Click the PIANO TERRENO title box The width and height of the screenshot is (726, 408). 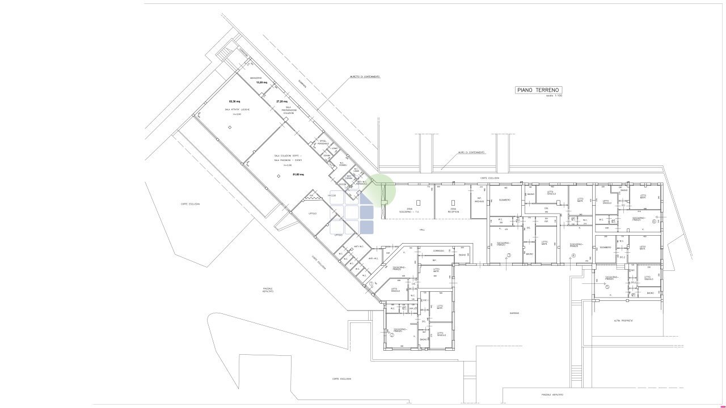point(538,90)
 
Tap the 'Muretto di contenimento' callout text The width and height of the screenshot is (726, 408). point(365,76)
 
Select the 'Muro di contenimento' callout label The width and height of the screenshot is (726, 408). point(471,152)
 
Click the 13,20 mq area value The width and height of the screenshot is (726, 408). point(261,82)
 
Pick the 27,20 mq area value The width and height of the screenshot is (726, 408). point(281,101)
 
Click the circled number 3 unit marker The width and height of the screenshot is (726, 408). point(509,256)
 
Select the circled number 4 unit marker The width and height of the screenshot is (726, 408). point(573,256)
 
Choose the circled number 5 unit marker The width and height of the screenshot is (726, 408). point(606,287)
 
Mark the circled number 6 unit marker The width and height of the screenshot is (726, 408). point(653,222)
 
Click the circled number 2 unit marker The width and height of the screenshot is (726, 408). point(392,334)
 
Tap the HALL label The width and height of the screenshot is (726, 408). point(422,230)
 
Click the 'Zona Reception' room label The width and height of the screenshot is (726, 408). point(451,210)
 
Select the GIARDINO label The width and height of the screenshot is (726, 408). point(514,313)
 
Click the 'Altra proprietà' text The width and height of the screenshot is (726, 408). point(623,321)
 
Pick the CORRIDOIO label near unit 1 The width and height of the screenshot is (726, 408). point(438,250)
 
